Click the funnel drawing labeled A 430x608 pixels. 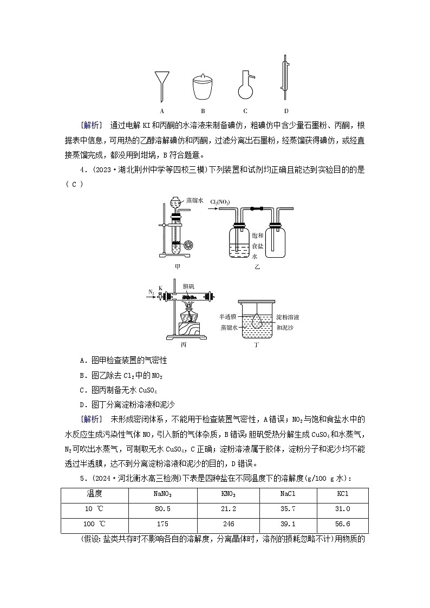161,81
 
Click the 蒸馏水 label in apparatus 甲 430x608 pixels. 194,200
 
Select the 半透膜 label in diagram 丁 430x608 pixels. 227,317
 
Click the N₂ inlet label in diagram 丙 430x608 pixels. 151,292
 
